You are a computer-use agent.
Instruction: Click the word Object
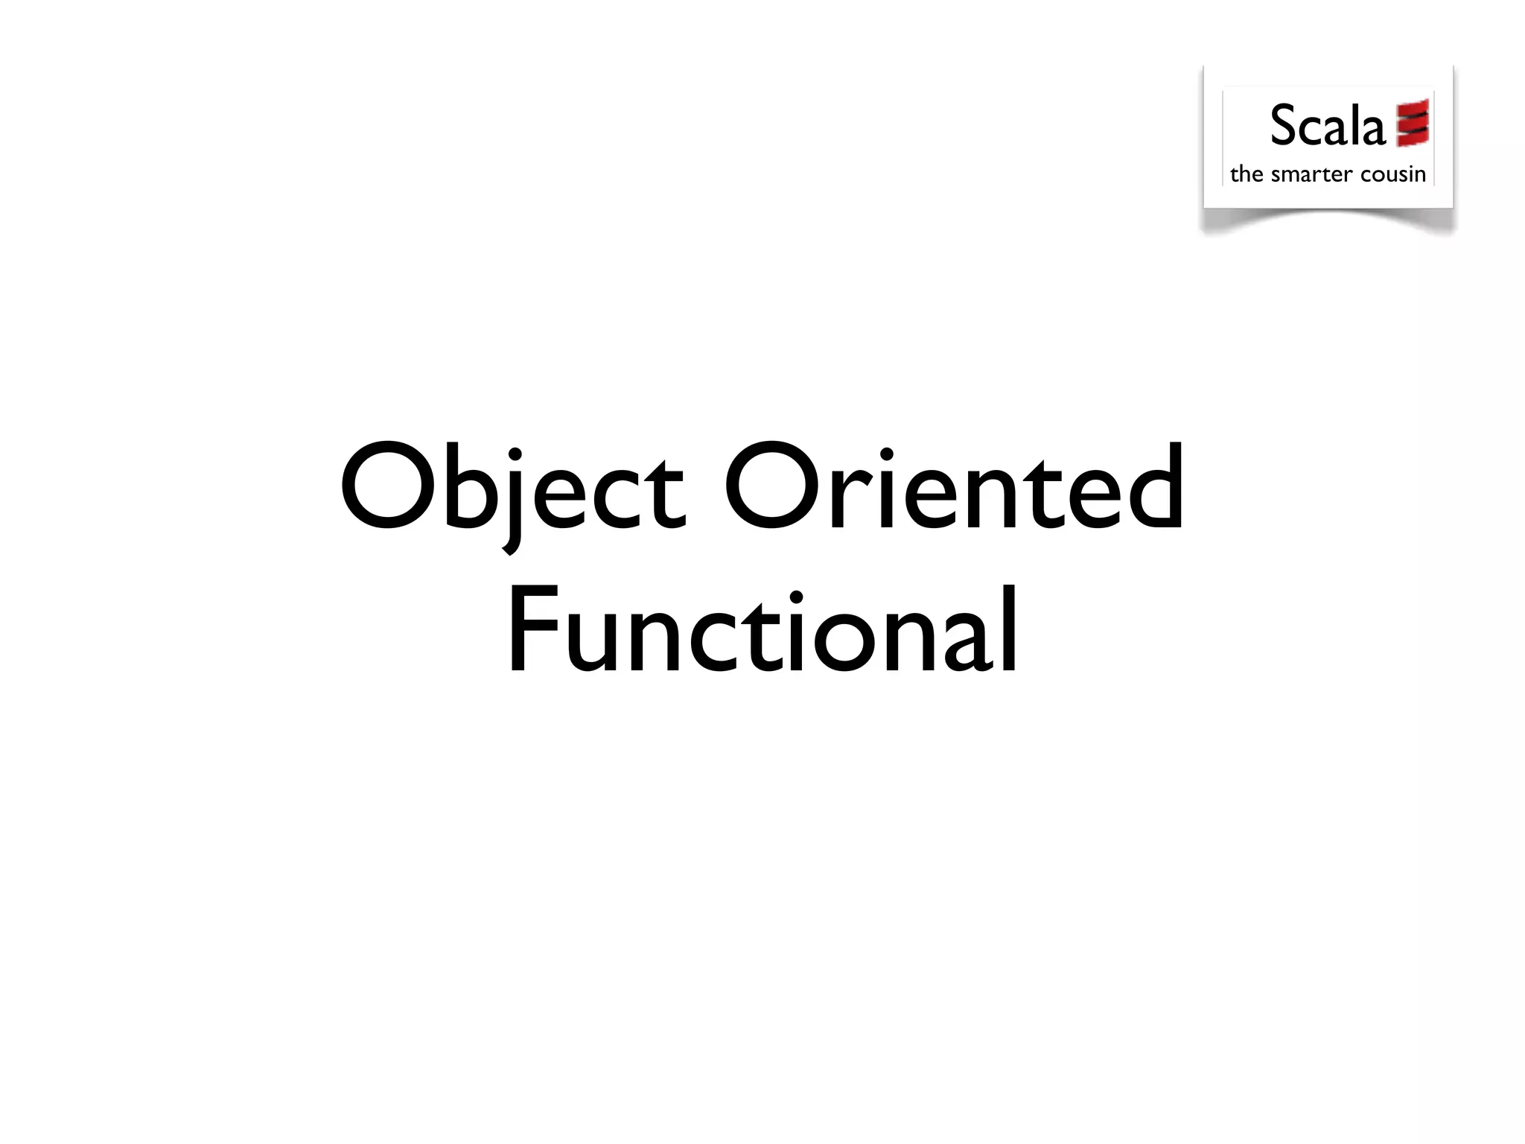512,488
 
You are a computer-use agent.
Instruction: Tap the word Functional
762,630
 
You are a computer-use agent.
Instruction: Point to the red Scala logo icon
1413,123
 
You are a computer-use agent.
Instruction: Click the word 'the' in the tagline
1247,174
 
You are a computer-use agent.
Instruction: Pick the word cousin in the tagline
1392,174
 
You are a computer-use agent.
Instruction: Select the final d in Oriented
1153,488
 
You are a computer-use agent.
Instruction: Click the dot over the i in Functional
796,597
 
